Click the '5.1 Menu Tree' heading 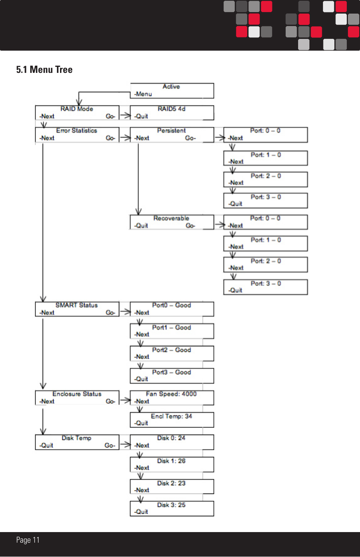[x=44, y=69]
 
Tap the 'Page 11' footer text [x=28, y=540]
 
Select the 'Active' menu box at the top [x=172, y=91]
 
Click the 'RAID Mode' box [x=77, y=113]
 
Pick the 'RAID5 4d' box [x=172, y=113]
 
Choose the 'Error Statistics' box [x=77, y=134]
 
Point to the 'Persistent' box [x=172, y=134]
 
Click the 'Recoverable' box [x=172, y=222]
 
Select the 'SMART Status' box [x=77, y=309]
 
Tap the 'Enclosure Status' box [x=77, y=398]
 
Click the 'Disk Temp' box [x=77, y=442]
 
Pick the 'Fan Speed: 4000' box [x=172, y=398]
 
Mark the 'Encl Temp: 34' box [x=172, y=420]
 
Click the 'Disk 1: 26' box [x=172, y=464]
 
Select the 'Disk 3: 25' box [x=172, y=508]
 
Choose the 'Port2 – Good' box [x=172, y=353]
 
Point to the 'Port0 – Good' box [x=172, y=309]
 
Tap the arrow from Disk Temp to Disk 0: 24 [x=125, y=445]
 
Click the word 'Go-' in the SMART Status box [x=110, y=313]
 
